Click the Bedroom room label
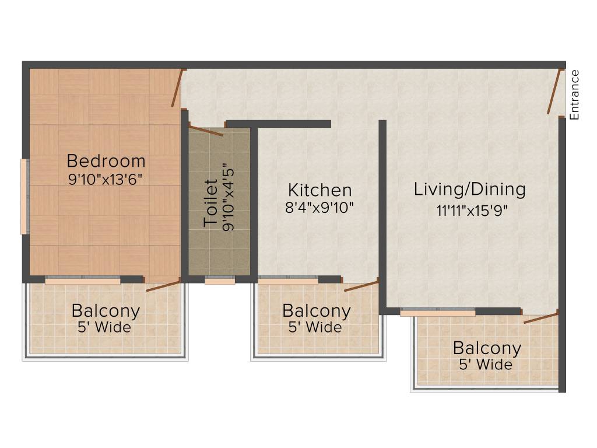coord(106,160)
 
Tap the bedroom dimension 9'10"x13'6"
coord(106,178)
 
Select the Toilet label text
coord(210,203)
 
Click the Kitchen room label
coord(320,190)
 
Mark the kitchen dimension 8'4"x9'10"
coord(320,208)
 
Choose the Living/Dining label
coord(470,189)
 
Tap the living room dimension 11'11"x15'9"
coord(470,210)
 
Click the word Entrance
coord(575,94)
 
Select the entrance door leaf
coord(555,92)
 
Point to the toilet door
coord(205,131)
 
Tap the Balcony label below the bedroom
coord(106,311)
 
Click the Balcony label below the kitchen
coord(317,311)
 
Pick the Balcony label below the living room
coord(487,349)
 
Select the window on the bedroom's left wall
coord(24,196)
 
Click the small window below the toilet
coord(220,281)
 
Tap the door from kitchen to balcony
coord(361,285)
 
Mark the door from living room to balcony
coord(541,318)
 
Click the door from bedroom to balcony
coord(163,286)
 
